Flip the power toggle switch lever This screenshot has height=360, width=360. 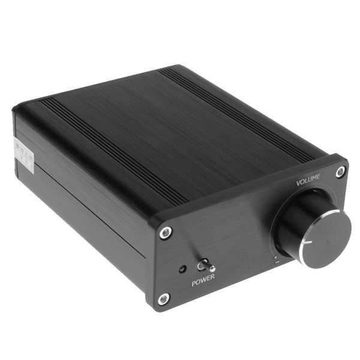203,265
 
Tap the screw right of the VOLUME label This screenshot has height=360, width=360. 340,172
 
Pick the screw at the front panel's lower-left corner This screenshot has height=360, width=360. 163,298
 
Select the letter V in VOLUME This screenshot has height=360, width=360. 298,180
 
